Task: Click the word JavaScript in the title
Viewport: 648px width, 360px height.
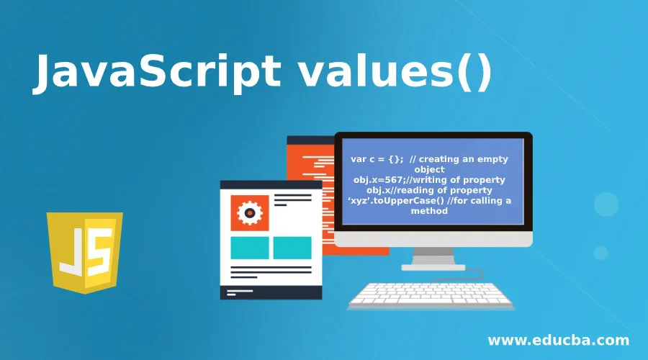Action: click(x=148, y=73)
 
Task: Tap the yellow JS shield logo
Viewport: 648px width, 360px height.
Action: click(x=84, y=251)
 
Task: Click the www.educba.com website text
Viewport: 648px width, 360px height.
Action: click(x=558, y=341)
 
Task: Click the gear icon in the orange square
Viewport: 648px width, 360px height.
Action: click(x=250, y=212)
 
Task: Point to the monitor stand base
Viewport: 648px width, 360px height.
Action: click(x=433, y=267)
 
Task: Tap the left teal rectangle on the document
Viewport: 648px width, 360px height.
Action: click(x=249, y=248)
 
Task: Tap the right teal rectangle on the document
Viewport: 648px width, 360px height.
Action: click(x=292, y=248)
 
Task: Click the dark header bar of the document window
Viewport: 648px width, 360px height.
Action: click(x=271, y=185)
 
